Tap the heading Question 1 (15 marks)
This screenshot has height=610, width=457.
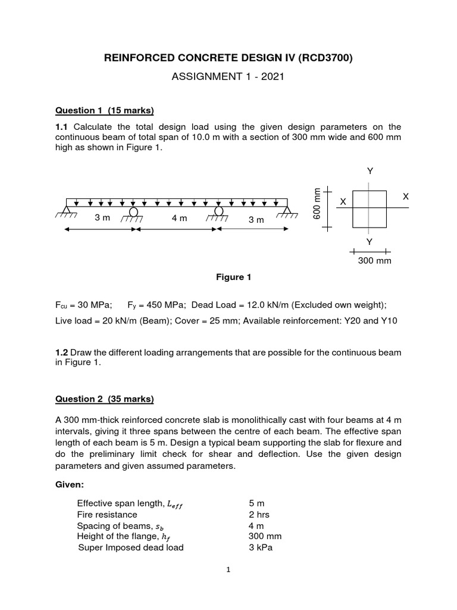coord(104,110)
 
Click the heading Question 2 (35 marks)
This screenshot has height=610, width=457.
coord(104,399)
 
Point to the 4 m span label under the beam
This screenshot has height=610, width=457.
coord(179,219)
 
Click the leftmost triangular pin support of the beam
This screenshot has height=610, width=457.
coord(67,210)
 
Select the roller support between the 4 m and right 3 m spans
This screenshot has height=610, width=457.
coord(218,211)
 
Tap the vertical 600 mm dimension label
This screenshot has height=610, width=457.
coord(317,203)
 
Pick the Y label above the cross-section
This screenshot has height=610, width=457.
coord(370,171)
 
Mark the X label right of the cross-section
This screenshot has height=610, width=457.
coord(406,196)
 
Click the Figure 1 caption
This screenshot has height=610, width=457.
coord(229,277)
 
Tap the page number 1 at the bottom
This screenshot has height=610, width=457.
coord(228,569)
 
